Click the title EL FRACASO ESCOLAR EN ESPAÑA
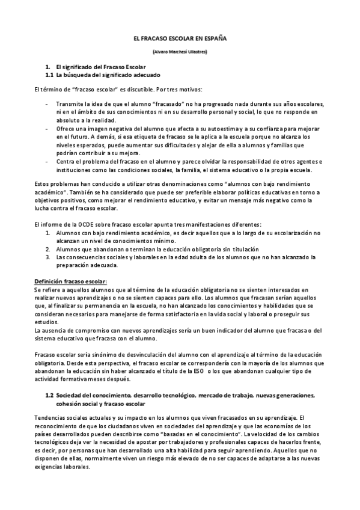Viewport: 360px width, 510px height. [x=180, y=37]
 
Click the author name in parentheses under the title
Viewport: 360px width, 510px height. [x=180, y=52]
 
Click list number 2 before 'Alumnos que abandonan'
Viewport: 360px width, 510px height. [x=48, y=248]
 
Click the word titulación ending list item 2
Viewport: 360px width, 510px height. [x=242, y=248]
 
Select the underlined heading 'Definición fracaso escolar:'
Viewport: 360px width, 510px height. [x=70, y=281]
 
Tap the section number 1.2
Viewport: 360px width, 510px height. [x=50, y=395]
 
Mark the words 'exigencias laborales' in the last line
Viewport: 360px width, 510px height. [x=62, y=465]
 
